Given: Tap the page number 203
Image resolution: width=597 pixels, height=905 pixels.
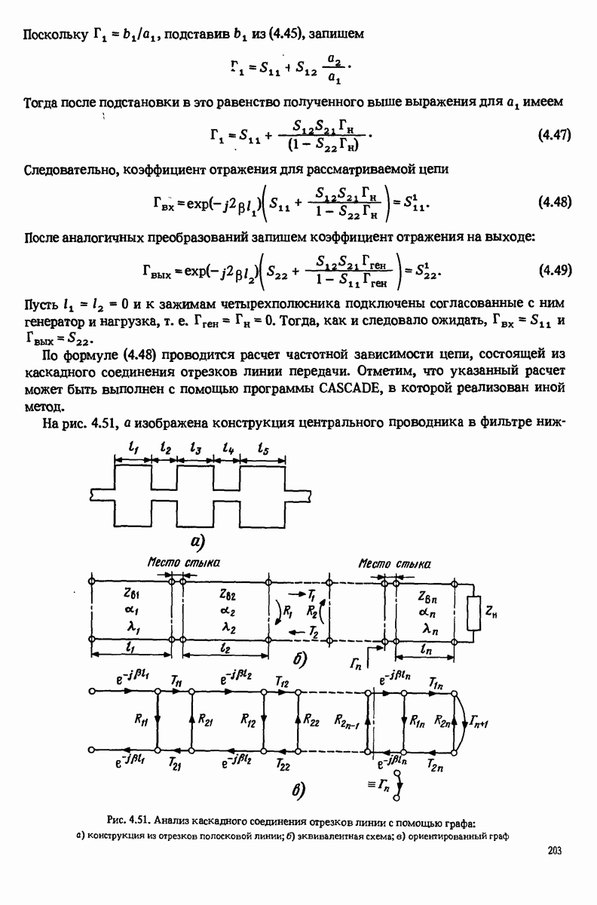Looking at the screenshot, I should (556, 851).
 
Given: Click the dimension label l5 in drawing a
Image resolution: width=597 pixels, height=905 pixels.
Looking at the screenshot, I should (265, 448).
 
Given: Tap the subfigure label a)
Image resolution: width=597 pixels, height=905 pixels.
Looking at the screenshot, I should (197, 541).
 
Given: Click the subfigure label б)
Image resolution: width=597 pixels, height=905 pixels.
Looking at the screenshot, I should (299, 660).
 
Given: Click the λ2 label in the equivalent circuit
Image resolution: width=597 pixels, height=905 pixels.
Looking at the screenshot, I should (229, 627).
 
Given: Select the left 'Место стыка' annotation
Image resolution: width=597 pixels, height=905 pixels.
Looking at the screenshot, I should (173, 563).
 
